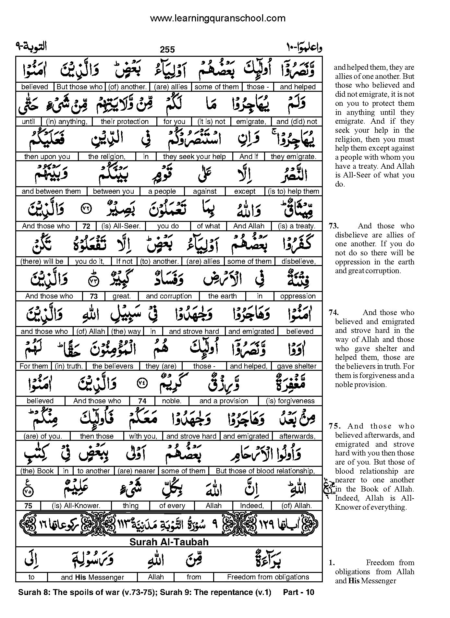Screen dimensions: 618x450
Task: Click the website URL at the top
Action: [218, 18]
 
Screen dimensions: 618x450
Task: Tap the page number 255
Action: [167, 49]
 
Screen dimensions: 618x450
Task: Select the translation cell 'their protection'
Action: [125, 122]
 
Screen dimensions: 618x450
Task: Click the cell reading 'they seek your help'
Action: [194, 156]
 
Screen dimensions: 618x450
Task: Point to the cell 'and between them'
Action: [51, 191]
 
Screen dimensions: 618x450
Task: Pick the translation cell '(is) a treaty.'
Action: [297, 226]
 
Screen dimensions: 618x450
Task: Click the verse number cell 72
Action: [86, 226]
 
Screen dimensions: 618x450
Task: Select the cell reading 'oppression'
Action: [298, 296]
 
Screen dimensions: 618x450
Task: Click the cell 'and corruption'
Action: [169, 296]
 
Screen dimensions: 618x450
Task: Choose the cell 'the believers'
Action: [113, 366]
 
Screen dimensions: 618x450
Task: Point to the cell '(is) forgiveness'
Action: [290, 401]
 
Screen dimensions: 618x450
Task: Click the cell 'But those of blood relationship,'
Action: [265, 471]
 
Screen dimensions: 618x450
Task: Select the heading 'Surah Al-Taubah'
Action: [169, 542]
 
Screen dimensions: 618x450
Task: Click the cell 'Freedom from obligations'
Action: [268, 577]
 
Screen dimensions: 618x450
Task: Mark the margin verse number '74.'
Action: [334, 312]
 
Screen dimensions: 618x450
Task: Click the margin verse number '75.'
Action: [334, 426]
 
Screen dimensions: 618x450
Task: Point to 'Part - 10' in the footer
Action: [298, 592]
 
